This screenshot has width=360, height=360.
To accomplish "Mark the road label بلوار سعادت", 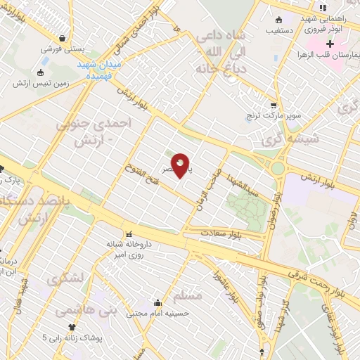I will click(219, 233).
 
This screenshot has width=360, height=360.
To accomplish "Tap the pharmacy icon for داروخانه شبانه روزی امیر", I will click(128, 235).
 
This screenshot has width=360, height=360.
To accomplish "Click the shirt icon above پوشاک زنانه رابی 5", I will click(71, 327).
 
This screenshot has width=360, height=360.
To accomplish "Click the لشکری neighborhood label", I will click(66, 279).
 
